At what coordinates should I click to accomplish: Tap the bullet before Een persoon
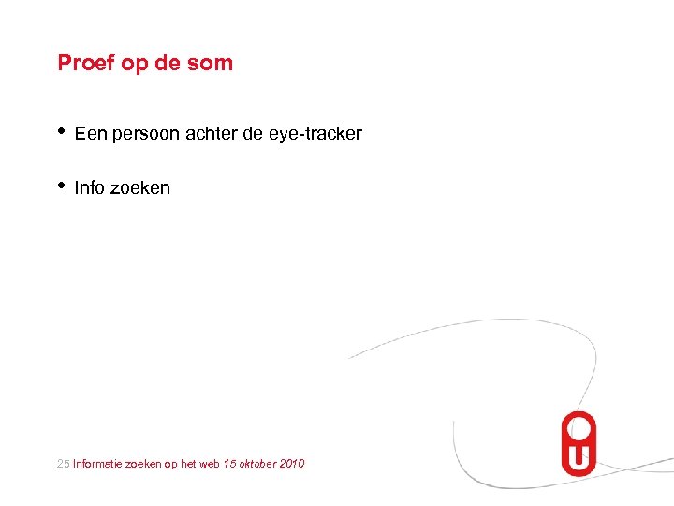[61, 132]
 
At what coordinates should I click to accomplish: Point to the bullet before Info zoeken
[61, 186]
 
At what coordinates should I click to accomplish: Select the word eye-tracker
[315, 134]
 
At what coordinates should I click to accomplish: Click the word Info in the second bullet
[90, 187]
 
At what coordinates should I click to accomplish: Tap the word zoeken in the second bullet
[140, 187]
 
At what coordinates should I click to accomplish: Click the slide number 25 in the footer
[64, 464]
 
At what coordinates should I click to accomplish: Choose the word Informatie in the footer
[99, 464]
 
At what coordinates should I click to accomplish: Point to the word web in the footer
[211, 464]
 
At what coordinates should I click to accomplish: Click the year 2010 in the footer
[292, 464]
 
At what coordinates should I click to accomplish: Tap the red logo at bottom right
[579, 444]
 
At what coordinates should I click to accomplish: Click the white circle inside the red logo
[579, 430]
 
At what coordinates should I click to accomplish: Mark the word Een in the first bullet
[90, 134]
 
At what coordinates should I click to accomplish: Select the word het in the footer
[189, 464]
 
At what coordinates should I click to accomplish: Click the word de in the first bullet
[254, 134]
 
